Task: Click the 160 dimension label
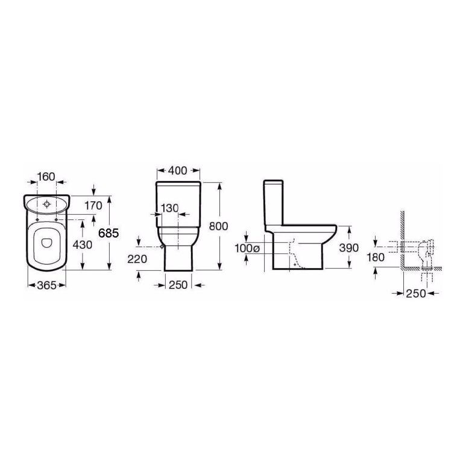tap(46, 177)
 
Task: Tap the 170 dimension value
tap(93, 206)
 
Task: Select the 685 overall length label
tap(109, 233)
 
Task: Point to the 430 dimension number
tap(83, 245)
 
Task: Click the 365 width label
tap(46, 285)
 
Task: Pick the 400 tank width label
tap(177, 171)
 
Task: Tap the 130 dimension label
tap(170, 208)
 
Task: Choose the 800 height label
tap(218, 226)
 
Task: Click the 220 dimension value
tap(137, 259)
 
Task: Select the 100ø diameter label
tap(247, 248)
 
